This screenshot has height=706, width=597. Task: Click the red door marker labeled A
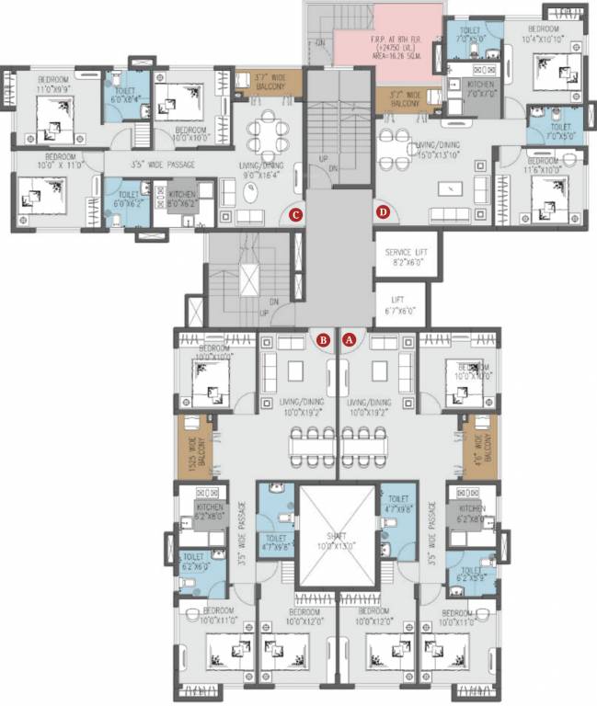click(349, 339)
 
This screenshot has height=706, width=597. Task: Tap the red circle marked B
click(323, 339)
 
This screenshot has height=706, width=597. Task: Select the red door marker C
click(294, 215)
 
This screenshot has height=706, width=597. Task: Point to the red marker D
click(383, 213)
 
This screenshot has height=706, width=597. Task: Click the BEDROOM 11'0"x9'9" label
click(58, 85)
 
